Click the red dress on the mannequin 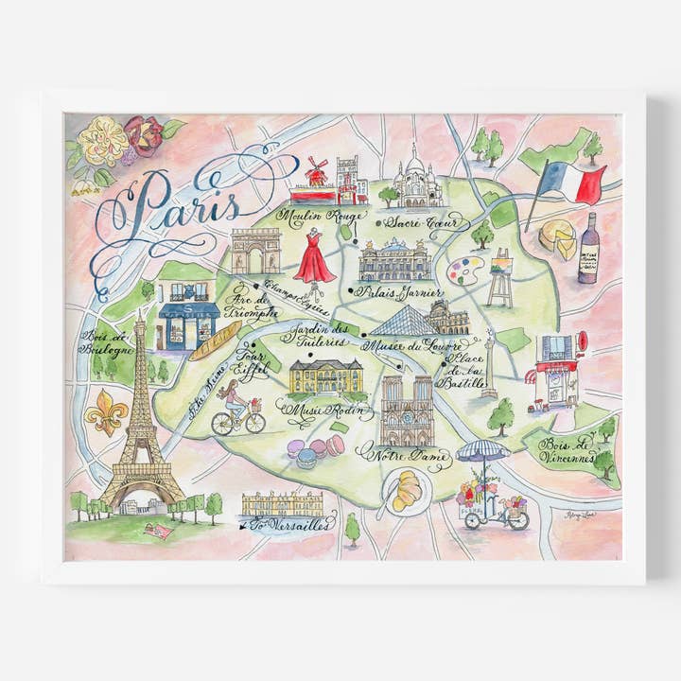coord(313,258)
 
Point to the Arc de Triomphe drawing coord(255,252)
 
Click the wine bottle coord(587,249)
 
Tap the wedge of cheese coord(558,238)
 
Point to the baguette coord(215,340)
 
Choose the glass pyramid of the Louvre coord(401,322)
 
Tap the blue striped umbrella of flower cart coord(482,451)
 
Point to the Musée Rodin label coord(316,411)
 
